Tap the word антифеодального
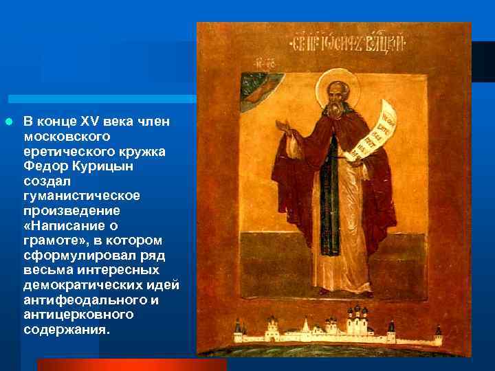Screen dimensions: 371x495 click(x=84, y=300)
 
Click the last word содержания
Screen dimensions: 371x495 click(x=66, y=330)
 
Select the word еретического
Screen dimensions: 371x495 click(x=63, y=151)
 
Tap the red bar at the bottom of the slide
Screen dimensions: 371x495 click(x=131, y=365)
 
